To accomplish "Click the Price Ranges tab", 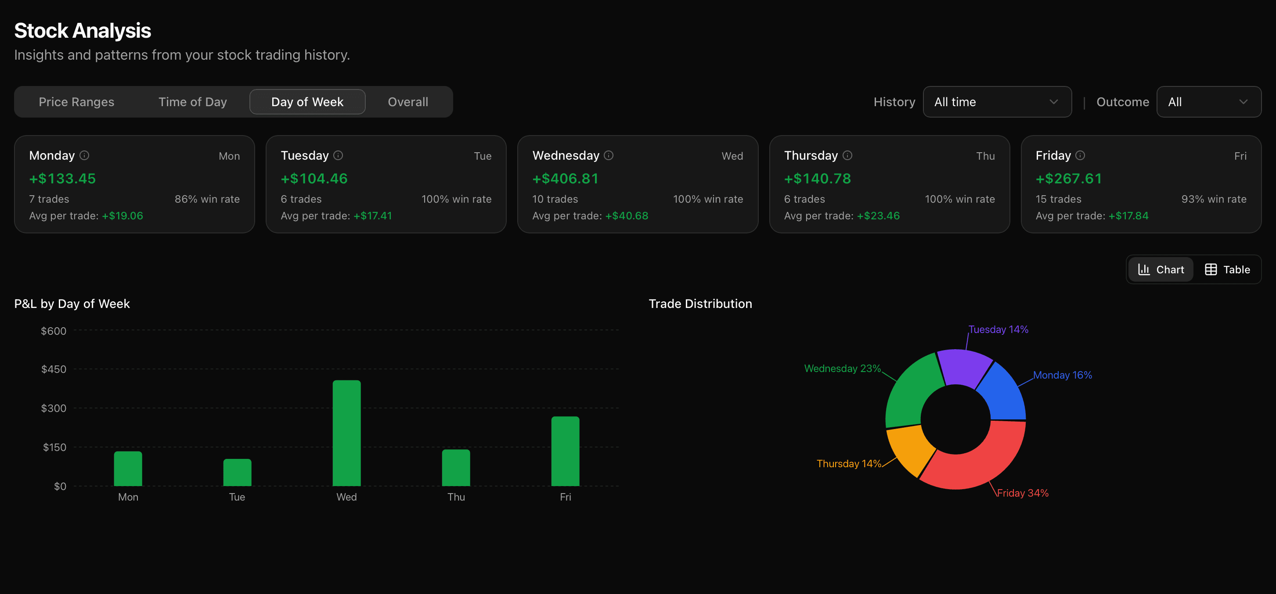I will pyautogui.click(x=76, y=102).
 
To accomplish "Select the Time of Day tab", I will pyautogui.click(x=192, y=102).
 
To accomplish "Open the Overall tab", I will pyautogui.click(x=407, y=102).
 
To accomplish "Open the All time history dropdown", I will pyautogui.click(x=997, y=102).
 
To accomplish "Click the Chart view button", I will pyautogui.click(x=1161, y=269).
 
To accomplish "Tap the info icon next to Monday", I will pyautogui.click(x=85, y=155).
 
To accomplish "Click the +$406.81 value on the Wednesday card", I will pyautogui.click(x=565, y=179).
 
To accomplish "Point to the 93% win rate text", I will pyautogui.click(x=1214, y=199).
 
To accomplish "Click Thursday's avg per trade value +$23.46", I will pyautogui.click(x=878, y=216).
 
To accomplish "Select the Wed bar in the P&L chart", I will pyautogui.click(x=346, y=433).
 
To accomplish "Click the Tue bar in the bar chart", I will pyautogui.click(x=237, y=473).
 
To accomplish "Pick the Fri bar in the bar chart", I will pyautogui.click(x=565, y=451).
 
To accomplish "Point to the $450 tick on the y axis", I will pyautogui.click(x=54, y=369).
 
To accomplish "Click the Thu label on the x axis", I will pyautogui.click(x=456, y=497).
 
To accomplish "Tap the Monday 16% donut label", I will pyautogui.click(x=1062, y=375).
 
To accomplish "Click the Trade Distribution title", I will pyautogui.click(x=700, y=304).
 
